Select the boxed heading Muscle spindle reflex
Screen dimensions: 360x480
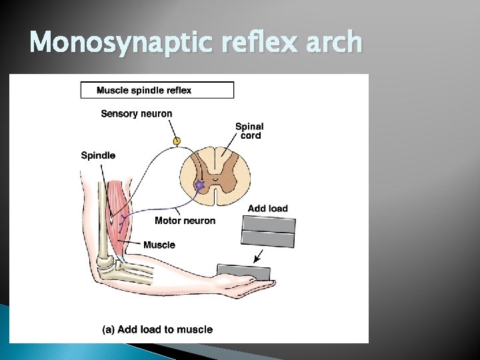pos(157,90)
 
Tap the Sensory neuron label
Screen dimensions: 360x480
pos(136,113)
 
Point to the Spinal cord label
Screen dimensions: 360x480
pos(249,131)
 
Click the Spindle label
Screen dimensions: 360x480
pos(98,155)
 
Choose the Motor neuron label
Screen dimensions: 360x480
pos(185,221)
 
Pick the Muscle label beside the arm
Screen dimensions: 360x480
pos(159,245)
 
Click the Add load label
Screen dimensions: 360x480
pos(267,209)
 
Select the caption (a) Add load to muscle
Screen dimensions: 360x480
pos(157,329)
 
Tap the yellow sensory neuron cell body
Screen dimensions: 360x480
pos(177,141)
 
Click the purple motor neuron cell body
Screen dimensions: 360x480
pos(199,185)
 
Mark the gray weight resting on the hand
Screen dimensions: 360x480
pos(243,272)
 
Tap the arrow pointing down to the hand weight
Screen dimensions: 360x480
pos(258,256)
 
